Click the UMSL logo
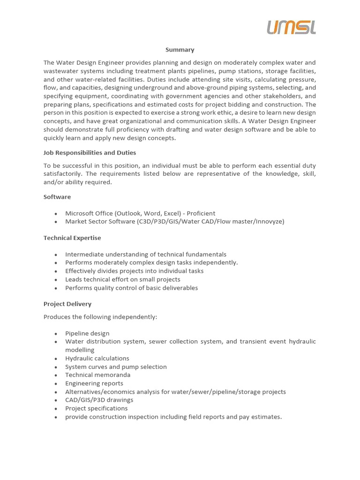tap(291, 27)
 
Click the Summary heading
tap(180, 50)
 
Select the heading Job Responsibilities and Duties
tap(90, 153)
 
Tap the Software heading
tap(57, 197)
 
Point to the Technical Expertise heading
tap(72, 238)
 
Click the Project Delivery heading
tap(67, 304)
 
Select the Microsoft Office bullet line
tap(140, 213)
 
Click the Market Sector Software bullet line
tap(174, 221)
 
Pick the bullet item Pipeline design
tap(87, 333)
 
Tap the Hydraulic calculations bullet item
tap(97, 358)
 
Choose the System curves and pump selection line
tap(116, 367)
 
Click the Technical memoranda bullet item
tap(97, 375)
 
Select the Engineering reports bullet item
tap(94, 383)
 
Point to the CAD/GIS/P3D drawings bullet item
tap(99, 400)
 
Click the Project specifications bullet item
tap(96, 408)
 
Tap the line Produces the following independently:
tap(100, 317)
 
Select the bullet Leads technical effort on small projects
tap(122, 279)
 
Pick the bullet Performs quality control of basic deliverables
tap(131, 288)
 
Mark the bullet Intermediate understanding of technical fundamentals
tap(145, 255)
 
